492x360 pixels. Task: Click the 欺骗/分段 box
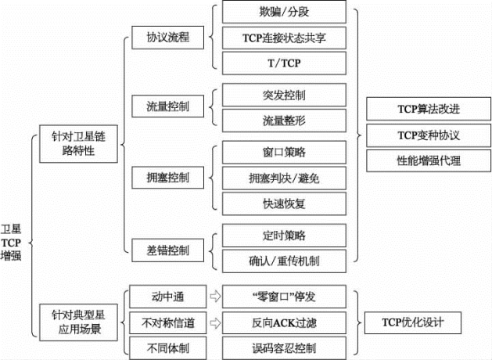coord(284,12)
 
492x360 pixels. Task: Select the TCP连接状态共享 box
coord(284,38)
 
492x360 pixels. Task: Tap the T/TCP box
coord(284,63)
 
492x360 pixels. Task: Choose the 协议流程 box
coord(168,38)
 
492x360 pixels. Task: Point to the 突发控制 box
coord(284,95)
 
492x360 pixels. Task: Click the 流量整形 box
coord(284,121)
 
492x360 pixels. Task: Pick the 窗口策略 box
coord(284,153)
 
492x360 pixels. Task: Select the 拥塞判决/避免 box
coord(284,178)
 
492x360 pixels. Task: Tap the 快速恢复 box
coord(284,204)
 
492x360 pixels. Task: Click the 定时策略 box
coord(284,236)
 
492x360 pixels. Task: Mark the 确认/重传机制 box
coord(284,261)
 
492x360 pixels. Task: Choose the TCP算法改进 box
coord(429,109)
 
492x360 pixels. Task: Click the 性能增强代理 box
coord(429,160)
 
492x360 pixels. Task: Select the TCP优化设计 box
coord(413,322)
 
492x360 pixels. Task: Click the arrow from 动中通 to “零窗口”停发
coord(215,297)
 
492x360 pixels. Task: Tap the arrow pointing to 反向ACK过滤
coord(215,323)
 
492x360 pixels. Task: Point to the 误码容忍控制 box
coord(284,348)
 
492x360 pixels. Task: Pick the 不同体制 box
coord(168,348)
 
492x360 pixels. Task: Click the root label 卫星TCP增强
coord(11,243)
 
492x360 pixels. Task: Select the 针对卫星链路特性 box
coord(78,144)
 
